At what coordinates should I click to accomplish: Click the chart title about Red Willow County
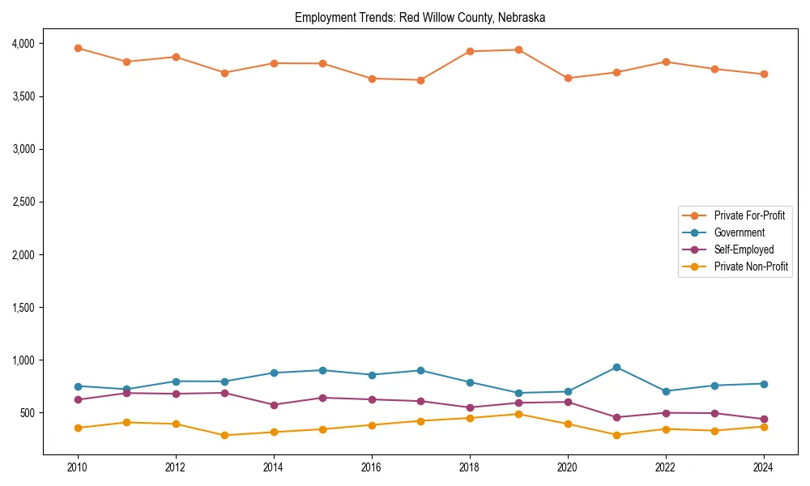tap(420, 17)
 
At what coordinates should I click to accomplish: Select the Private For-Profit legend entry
tap(749, 215)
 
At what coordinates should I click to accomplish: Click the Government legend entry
tap(739, 232)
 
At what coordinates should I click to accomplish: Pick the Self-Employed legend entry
tap(744, 249)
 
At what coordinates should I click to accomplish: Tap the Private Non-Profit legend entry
tap(751, 266)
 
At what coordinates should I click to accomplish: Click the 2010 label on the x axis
tap(78, 467)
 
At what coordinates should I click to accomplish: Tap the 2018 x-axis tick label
tap(470, 467)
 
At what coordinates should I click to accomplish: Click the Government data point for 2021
tap(616, 367)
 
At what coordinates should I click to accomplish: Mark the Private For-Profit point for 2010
tap(78, 48)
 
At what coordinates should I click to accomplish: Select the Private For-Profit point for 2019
tap(518, 49)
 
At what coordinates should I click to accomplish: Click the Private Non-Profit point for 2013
tap(224, 435)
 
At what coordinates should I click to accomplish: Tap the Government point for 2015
tap(322, 370)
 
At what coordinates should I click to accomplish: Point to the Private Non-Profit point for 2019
tap(518, 414)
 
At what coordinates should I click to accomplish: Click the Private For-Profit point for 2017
tap(420, 80)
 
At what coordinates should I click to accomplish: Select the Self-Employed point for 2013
tap(224, 393)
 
